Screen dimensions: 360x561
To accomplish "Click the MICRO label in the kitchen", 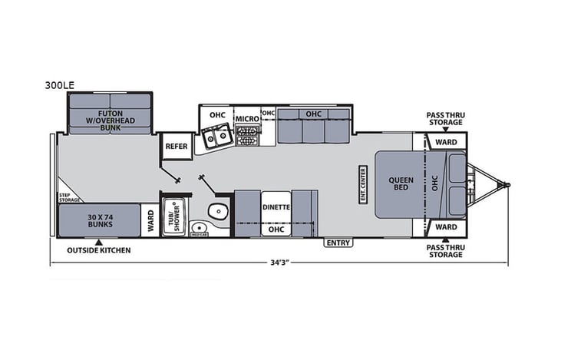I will click(246, 119).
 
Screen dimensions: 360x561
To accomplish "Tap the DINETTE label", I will click(276, 206).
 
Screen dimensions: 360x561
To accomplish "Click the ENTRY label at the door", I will click(338, 243).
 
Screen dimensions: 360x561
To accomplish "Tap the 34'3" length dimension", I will click(279, 263).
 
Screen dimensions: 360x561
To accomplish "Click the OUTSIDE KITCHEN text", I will click(98, 250).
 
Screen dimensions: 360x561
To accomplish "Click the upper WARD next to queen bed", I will click(445, 142).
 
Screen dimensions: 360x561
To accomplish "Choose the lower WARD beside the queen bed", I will click(445, 227).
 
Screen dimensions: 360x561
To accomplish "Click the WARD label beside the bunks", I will click(151, 220).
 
